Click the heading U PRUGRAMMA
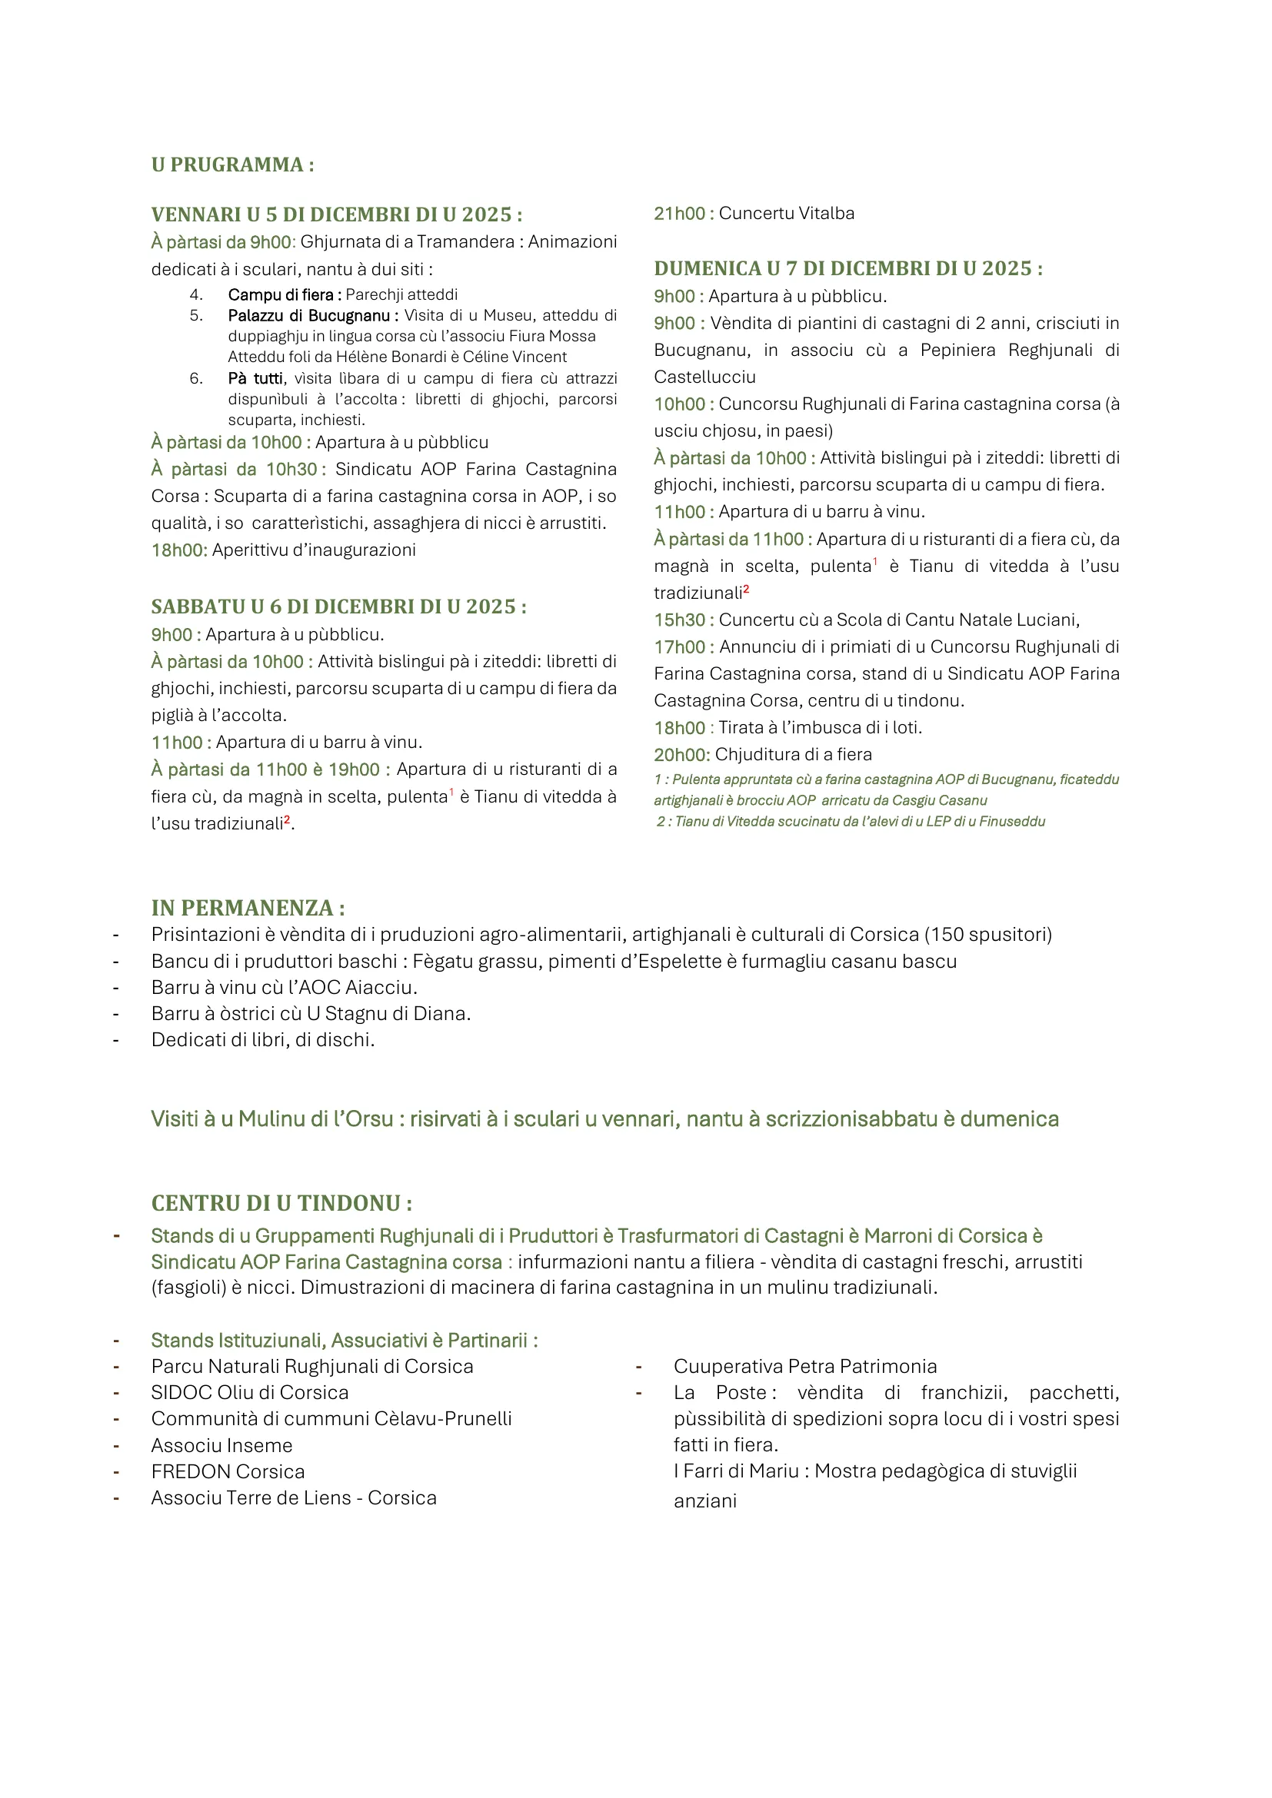click(x=231, y=165)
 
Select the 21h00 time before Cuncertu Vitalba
click(x=679, y=214)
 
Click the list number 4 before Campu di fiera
click(x=196, y=295)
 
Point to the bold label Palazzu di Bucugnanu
click(x=308, y=316)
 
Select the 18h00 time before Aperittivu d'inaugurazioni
click(x=178, y=550)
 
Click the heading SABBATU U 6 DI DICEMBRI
click(x=338, y=607)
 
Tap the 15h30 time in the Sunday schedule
click(x=679, y=620)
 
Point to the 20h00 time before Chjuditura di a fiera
click(x=679, y=755)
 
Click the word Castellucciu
click(x=705, y=377)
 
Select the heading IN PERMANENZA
click(x=248, y=909)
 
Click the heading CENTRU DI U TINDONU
click(x=281, y=1204)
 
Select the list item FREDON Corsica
click(x=228, y=1472)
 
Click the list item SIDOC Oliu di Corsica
click(x=250, y=1393)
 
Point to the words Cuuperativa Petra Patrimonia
click(x=805, y=1367)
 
